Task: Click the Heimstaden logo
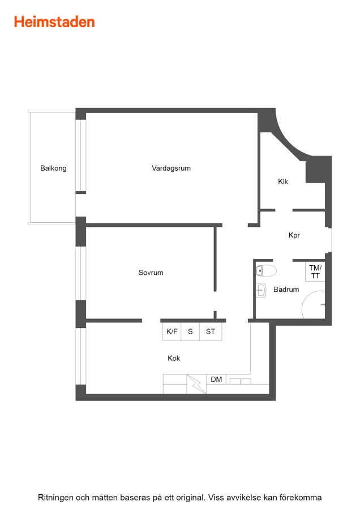click(54, 22)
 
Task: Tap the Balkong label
click(53, 168)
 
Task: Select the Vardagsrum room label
click(172, 168)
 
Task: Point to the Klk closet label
click(283, 182)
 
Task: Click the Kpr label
click(294, 235)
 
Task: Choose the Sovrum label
click(151, 273)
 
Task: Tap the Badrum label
click(286, 289)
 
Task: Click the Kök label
click(174, 358)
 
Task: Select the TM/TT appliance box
click(315, 271)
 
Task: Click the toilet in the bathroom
click(266, 270)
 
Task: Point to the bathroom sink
click(260, 290)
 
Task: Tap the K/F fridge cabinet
click(172, 331)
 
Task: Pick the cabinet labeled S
click(190, 331)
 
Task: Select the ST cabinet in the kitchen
click(211, 331)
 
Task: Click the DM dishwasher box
click(216, 379)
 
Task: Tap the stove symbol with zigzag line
click(196, 385)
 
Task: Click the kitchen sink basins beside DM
click(241, 381)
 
